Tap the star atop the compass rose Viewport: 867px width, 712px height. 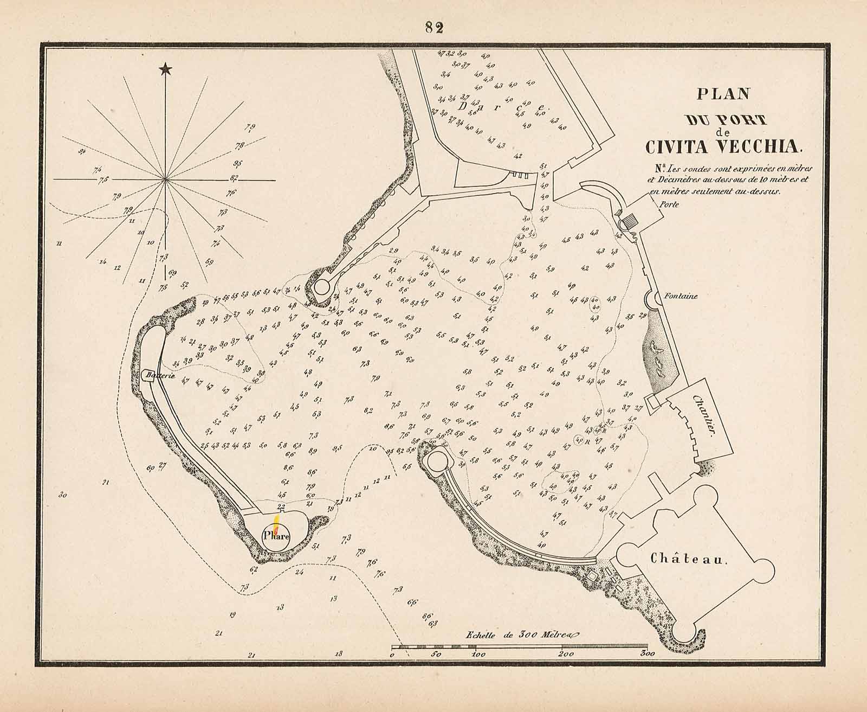165,69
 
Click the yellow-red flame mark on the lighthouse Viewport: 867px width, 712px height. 277,523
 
